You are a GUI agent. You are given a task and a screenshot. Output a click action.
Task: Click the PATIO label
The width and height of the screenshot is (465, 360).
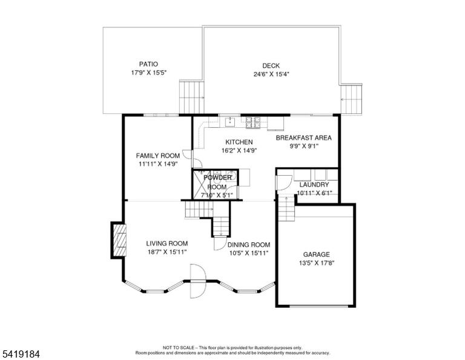click(148, 64)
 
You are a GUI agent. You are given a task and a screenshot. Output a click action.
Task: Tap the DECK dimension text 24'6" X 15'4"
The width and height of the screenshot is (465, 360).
click(271, 74)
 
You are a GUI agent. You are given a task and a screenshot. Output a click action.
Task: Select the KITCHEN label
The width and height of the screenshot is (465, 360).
click(239, 142)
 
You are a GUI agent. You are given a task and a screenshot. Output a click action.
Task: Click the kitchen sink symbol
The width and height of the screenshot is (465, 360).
click(230, 121)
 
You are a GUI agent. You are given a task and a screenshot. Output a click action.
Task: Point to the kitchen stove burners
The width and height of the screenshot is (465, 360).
click(253, 122)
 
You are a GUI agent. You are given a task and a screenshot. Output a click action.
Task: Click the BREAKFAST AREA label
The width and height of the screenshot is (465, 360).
click(304, 138)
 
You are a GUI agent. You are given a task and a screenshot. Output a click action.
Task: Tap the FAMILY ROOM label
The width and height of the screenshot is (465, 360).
click(158, 156)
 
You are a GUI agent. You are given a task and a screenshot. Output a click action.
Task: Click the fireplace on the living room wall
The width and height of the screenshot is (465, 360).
click(119, 240)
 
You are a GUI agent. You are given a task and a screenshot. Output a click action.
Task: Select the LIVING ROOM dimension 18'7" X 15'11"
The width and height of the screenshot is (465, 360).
click(167, 252)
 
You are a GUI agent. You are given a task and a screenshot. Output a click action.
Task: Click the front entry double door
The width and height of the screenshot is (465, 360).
click(198, 281)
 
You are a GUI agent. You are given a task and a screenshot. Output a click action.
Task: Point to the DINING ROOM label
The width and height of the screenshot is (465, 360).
click(249, 245)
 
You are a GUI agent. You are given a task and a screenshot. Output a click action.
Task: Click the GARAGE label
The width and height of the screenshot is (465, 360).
click(317, 255)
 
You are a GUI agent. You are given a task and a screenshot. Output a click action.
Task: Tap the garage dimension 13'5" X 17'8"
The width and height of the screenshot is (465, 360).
click(317, 262)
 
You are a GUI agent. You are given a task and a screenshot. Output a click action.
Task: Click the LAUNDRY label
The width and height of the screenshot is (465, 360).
click(314, 185)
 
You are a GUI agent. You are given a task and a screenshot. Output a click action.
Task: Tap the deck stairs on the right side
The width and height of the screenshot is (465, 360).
click(351, 99)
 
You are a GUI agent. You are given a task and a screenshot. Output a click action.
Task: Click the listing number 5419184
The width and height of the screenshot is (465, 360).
click(21, 354)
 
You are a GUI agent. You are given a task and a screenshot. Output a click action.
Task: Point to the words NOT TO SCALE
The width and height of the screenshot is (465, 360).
click(179, 347)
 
